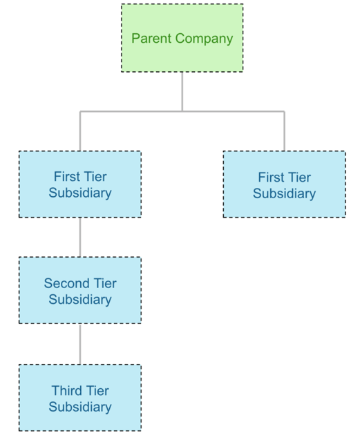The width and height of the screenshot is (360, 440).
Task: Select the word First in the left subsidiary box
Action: (67, 176)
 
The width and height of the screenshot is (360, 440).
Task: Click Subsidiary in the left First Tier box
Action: (79, 193)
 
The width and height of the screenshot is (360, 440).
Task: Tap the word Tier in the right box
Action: (299, 178)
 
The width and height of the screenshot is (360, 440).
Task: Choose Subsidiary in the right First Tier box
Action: (284, 194)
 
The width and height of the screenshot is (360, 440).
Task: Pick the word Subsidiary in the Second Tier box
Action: (79, 300)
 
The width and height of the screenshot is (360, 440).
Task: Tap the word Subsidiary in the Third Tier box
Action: (79, 408)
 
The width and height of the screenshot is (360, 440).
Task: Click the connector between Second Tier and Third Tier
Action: (79, 344)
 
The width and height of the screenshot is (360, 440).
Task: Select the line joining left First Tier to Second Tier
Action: (79, 237)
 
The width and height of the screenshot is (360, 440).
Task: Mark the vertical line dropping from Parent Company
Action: (182, 90)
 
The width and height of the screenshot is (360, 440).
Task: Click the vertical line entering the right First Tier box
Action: (284, 131)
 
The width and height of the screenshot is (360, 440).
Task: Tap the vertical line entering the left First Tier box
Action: (79, 131)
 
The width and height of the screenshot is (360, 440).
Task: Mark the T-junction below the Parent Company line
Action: (182, 111)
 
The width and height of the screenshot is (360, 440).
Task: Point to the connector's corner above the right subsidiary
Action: (284, 111)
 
